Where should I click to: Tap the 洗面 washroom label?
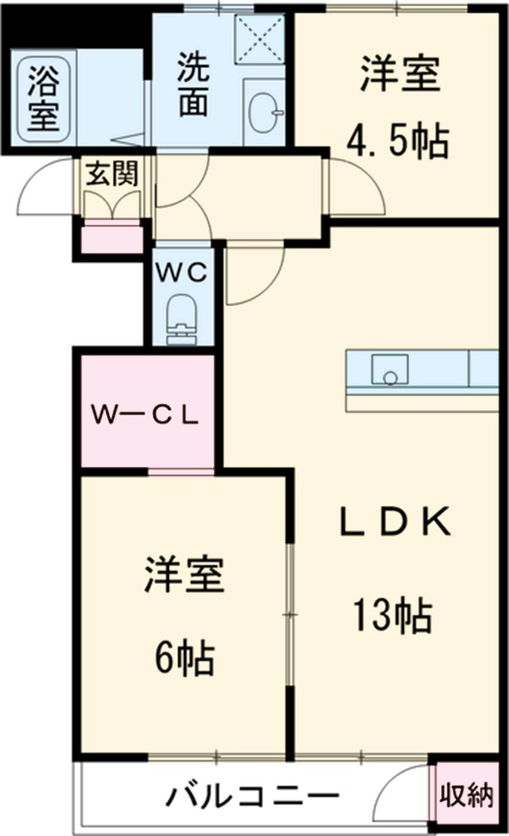point(193,85)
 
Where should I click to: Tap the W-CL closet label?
point(146,415)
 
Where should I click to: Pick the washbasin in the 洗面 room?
point(265,109)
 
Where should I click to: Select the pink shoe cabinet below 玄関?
point(112,236)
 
